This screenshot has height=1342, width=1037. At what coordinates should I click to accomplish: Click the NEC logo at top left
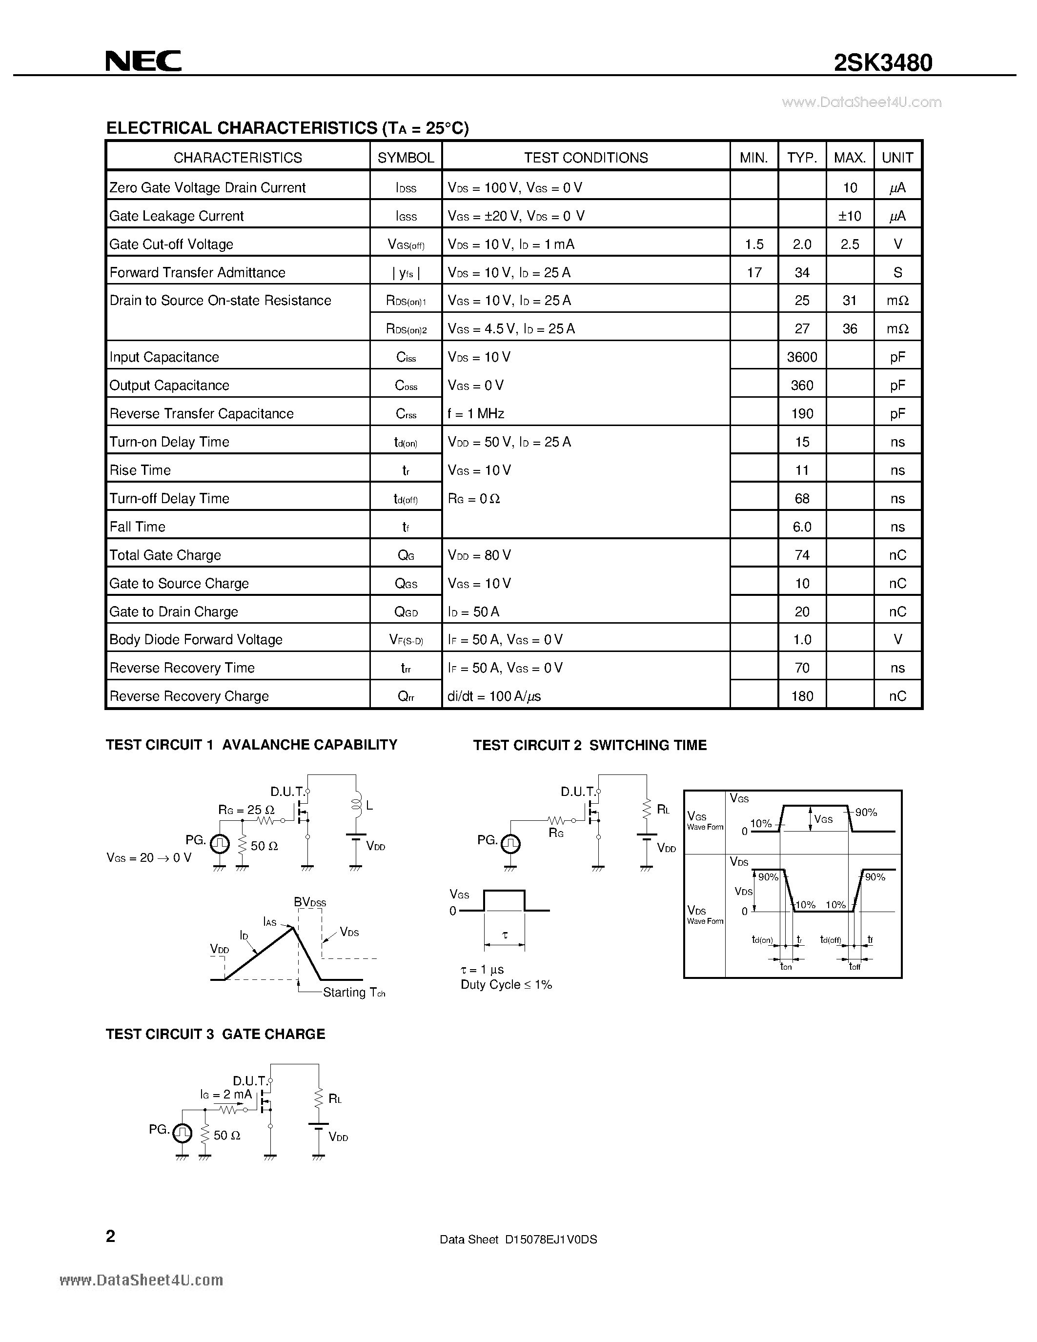click(x=143, y=61)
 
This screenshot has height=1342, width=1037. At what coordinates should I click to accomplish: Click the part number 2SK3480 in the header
click(x=882, y=62)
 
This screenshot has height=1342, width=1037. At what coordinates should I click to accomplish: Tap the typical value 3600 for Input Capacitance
click(x=802, y=357)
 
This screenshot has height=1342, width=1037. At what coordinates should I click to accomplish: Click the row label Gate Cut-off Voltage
click(x=171, y=244)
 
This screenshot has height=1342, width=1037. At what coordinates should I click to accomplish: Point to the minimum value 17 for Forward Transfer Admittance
click(x=754, y=272)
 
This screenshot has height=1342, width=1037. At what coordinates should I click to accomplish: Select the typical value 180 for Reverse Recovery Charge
click(x=802, y=696)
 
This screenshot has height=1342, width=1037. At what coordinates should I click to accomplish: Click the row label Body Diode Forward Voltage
click(x=196, y=640)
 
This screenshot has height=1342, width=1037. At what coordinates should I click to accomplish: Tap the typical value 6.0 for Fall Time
click(x=802, y=527)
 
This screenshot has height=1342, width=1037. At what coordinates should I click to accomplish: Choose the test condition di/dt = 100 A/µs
click(x=494, y=696)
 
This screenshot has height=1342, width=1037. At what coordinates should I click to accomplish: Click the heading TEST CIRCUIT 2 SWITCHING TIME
click(x=590, y=745)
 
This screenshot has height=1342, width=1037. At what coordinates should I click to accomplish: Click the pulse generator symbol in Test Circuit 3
click(x=182, y=1131)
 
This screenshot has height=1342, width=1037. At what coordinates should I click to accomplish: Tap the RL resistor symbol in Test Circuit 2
click(x=646, y=809)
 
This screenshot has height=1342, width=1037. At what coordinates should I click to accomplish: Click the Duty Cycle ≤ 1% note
click(x=506, y=984)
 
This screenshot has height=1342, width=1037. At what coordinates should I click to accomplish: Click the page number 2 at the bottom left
click(x=111, y=1236)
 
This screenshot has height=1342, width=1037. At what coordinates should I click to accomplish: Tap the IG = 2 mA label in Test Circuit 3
click(x=226, y=1095)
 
